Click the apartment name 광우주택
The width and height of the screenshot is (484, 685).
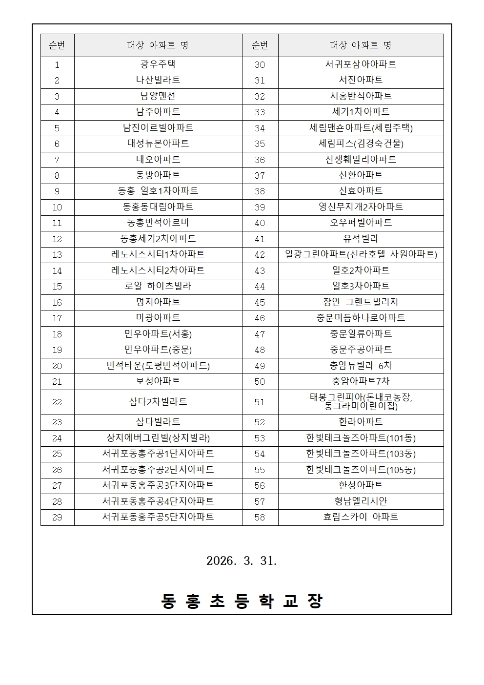[158, 64]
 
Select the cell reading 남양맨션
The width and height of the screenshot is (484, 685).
[158, 96]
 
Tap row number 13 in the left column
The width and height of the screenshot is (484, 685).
[57, 255]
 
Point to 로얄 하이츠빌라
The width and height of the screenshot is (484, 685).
[158, 286]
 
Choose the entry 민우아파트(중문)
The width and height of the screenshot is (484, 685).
[158, 350]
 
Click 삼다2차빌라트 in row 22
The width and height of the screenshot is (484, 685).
[158, 402]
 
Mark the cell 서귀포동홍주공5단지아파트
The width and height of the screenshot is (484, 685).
[158, 517]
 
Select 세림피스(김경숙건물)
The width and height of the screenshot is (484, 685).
[361, 144]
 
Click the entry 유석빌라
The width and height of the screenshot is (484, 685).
[361, 239]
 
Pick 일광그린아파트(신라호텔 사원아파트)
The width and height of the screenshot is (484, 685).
[361, 254]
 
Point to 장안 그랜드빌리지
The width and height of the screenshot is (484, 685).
[361, 302]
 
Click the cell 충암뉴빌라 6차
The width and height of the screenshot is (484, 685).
[361, 366]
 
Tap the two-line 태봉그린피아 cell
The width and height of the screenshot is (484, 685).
[361, 402]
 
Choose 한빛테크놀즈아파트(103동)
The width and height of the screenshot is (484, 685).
[361, 454]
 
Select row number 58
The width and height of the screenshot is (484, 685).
[260, 518]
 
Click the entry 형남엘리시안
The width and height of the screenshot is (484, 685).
[361, 501]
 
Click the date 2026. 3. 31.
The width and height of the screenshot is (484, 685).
[242, 561]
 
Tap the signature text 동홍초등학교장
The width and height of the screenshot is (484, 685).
[242, 601]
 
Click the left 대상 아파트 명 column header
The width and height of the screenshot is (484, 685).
[158, 45]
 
